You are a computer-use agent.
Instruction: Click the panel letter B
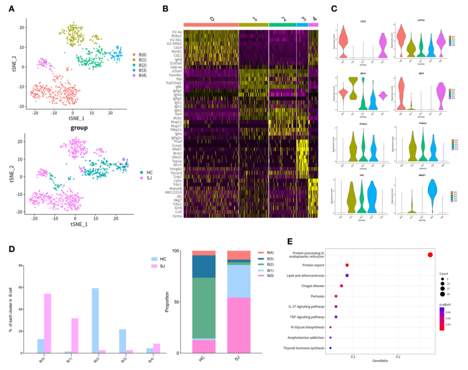[165, 8]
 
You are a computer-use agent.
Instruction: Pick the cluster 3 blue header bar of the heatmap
[302, 25]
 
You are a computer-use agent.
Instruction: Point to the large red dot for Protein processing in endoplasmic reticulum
[430, 255]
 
